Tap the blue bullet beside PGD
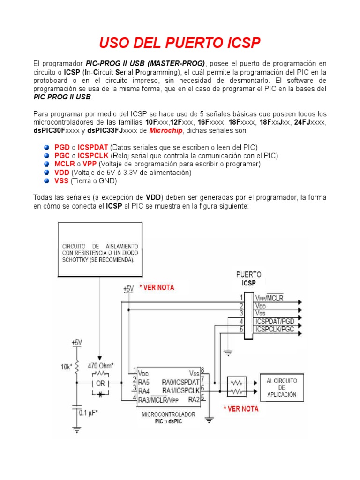click(47, 147)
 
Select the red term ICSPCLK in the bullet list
click(94, 156)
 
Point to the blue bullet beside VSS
click(47, 181)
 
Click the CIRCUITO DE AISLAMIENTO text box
click(100, 253)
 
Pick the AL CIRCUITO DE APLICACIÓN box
click(281, 388)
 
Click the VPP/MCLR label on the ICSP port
click(272, 298)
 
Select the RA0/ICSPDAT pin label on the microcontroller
click(180, 382)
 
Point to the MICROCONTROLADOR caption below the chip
click(168, 414)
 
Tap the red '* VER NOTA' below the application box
click(240, 409)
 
